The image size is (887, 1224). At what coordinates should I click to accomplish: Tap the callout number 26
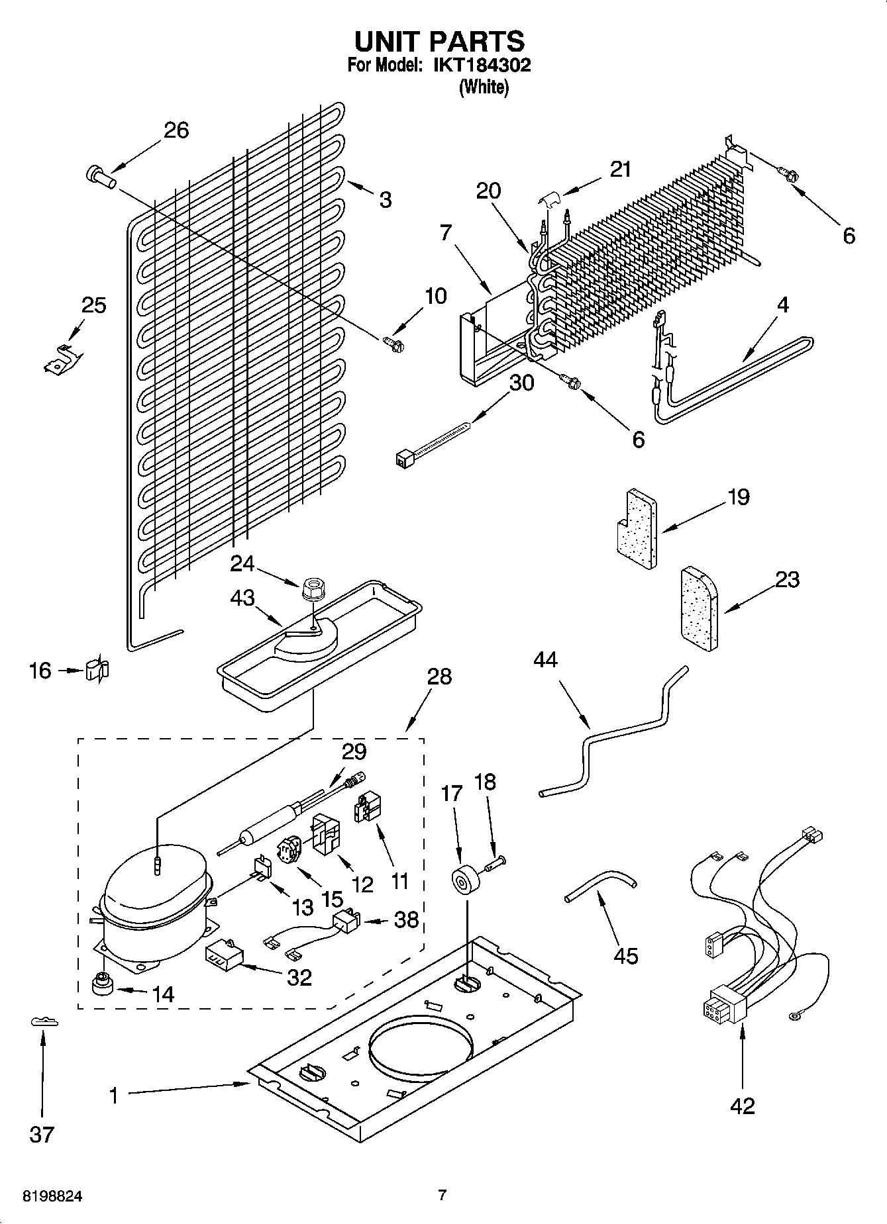click(x=176, y=130)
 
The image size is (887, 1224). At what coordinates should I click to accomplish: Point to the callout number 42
click(x=742, y=1106)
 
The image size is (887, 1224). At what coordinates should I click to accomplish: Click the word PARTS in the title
click(x=477, y=41)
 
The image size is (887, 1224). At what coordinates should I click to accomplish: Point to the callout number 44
click(x=545, y=660)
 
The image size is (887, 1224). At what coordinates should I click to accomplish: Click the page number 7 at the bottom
click(x=443, y=1195)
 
